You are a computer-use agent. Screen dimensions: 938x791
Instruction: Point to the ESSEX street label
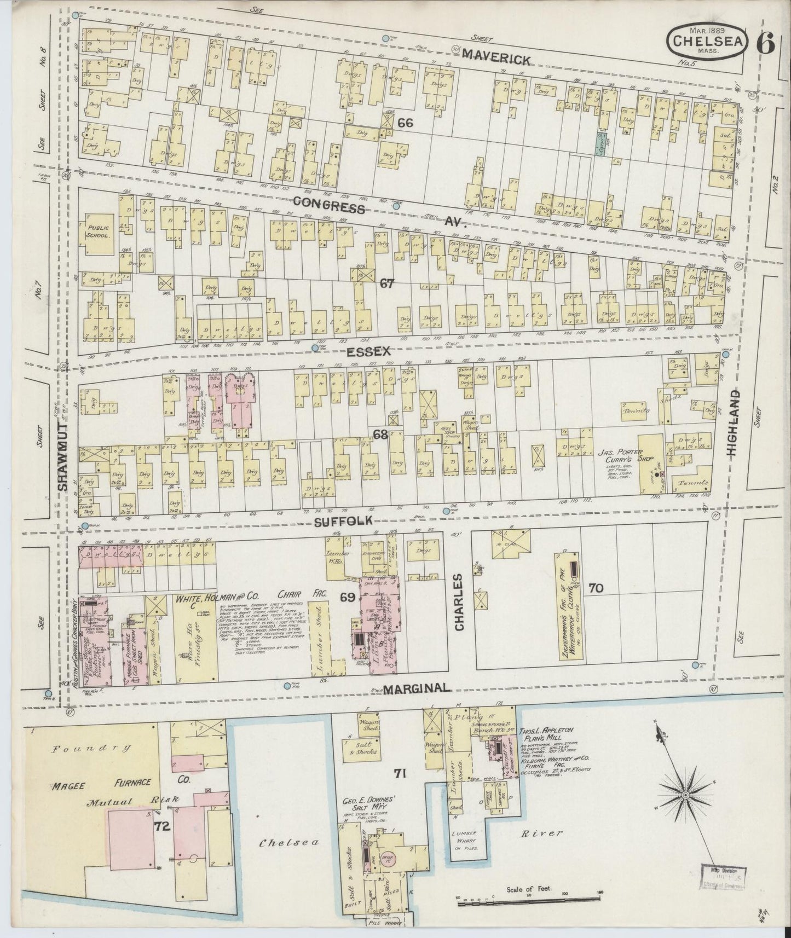[373, 352]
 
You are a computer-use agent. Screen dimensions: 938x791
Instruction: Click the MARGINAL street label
[417, 688]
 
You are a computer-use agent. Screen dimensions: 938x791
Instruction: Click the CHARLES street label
[459, 602]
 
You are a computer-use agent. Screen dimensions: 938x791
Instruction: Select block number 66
[405, 123]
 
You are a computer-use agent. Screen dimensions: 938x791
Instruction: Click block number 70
[596, 588]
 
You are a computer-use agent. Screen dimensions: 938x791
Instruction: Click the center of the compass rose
[685, 794]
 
